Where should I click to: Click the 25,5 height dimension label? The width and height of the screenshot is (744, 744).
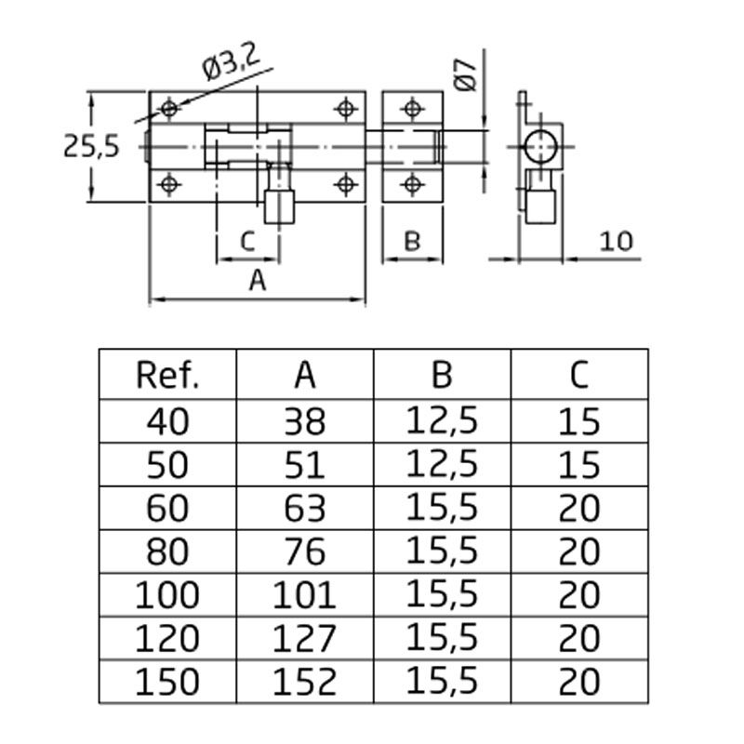click(x=91, y=146)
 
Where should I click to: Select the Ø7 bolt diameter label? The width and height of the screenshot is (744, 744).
click(x=466, y=73)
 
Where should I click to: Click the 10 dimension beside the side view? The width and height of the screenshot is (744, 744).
click(x=616, y=241)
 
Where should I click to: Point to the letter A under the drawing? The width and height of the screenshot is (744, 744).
click(x=258, y=283)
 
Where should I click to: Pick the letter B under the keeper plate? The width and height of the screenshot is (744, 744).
click(x=414, y=241)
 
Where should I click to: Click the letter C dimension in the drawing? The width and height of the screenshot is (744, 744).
click(x=246, y=241)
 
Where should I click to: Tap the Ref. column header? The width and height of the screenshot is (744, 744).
click(x=167, y=375)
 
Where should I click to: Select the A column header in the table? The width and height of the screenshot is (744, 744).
click(x=305, y=375)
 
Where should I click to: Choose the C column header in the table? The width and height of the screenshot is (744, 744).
click(x=579, y=375)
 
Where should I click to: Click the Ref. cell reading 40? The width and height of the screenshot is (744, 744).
click(x=167, y=422)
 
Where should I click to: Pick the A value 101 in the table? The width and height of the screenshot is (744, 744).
click(x=305, y=595)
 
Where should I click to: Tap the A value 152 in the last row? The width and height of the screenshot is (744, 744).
click(x=305, y=682)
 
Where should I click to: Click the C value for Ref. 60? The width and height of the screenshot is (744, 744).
click(x=579, y=508)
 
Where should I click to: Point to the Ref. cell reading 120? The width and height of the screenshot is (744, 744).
click(x=167, y=639)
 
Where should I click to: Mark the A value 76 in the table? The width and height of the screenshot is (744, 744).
click(x=305, y=551)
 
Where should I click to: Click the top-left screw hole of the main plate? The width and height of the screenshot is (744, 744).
click(x=169, y=110)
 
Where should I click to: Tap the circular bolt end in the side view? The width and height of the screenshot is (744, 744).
click(x=539, y=149)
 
